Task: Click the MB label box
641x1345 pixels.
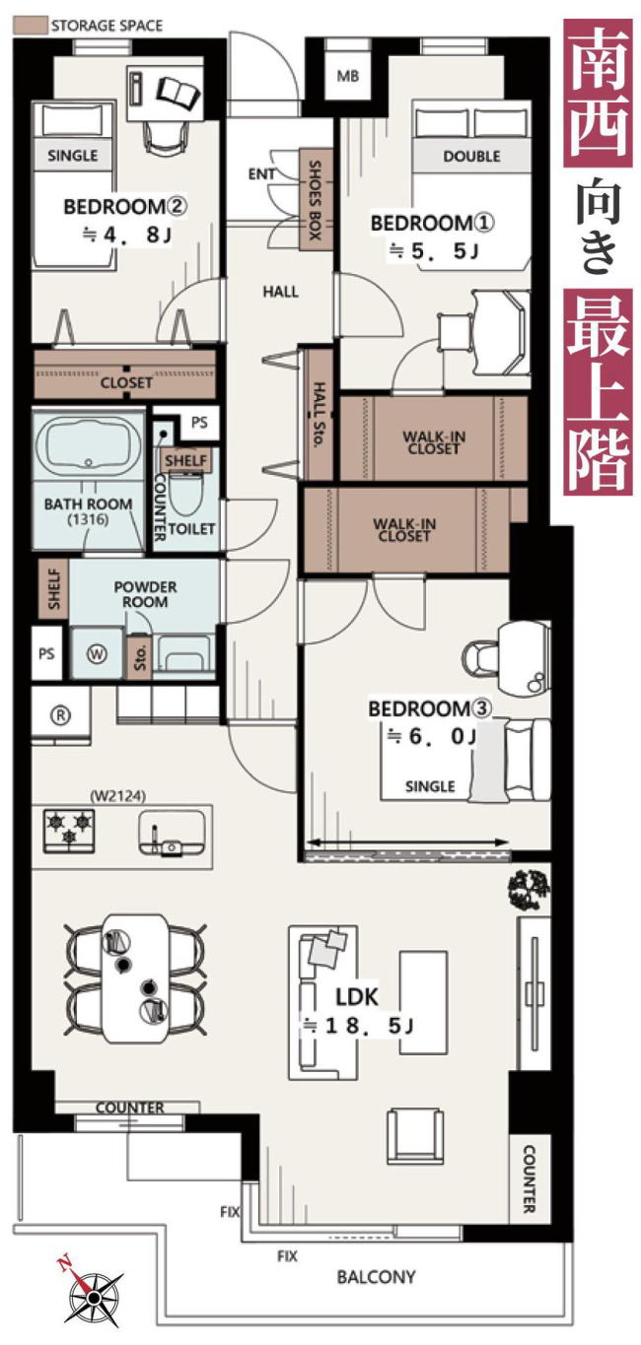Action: coord(347,76)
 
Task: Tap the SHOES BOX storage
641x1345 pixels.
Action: coord(316,200)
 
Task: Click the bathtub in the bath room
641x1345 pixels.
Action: coord(88,445)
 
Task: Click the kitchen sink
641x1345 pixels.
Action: coord(172,833)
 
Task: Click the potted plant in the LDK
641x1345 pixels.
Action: coord(529,889)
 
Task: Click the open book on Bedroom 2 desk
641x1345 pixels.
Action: coord(178,92)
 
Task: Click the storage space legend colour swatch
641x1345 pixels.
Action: coord(30,25)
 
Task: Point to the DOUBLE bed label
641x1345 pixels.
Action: coord(471,157)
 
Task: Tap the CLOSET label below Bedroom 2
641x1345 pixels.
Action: coord(126,382)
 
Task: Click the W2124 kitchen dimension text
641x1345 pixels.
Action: coord(117,797)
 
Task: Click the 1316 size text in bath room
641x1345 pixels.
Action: coord(88,519)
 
